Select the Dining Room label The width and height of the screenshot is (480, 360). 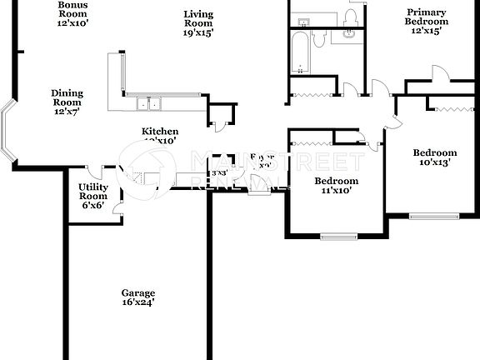tap(67, 97)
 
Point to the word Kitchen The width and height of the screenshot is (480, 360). tap(159, 132)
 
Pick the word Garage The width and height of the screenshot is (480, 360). tap(138, 292)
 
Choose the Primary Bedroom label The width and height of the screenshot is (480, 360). tap(426, 17)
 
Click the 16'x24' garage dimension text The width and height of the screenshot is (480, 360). tap(138, 302)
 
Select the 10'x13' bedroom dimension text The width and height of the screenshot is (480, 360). tap(435, 162)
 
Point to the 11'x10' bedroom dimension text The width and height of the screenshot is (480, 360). tap(336, 191)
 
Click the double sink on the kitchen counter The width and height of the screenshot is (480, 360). tap(149, 104)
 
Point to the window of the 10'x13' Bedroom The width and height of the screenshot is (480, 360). tap(433, 217)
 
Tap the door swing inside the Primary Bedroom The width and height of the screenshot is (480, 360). tap(440, 73)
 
